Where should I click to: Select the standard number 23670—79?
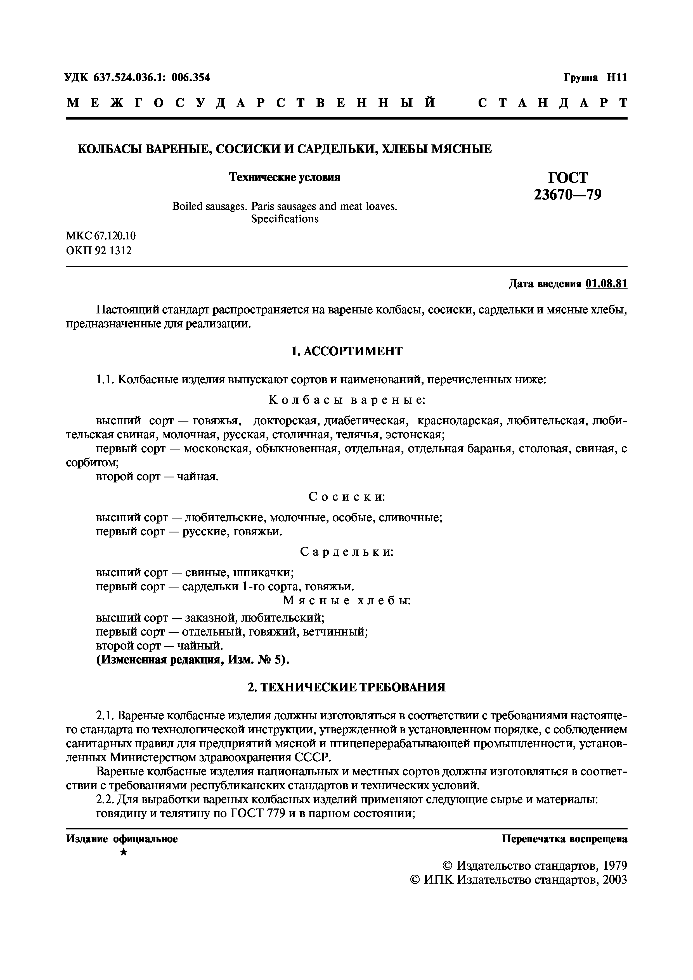pyautogui.click(x=567, y=195)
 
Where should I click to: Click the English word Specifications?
pyautogui.click(x=285, y=219)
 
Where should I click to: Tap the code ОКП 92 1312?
pyautogui.click(x=99, y=250)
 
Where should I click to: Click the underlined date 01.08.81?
pyautogui.click(x=606, y=284)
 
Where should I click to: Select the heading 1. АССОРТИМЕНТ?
pyautogui.click(x=346, y=351)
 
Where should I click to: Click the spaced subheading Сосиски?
pyautogui.click(x=346, y=496)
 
